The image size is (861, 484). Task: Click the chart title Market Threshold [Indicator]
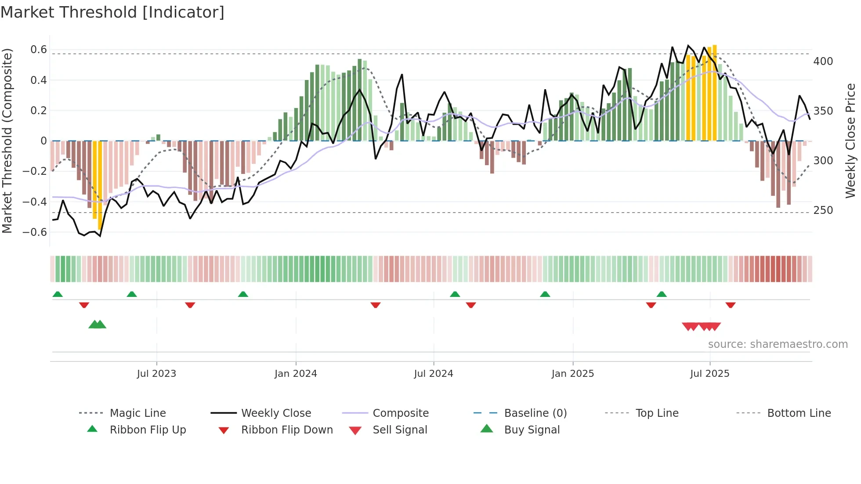click(112, 12)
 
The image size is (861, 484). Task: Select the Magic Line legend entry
click(137, 413)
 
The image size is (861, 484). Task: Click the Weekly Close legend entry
click(276, 413)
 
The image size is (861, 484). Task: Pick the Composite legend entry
click(400, 413)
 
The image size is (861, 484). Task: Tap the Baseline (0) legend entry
click(535, 413)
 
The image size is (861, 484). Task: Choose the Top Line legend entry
click(657, 413)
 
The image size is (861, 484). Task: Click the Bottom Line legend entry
click(799, 413)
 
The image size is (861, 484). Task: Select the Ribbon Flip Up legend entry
click(148, 430)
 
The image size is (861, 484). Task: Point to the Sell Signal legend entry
click(399, 430)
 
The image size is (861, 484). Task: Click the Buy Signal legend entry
click(532, 430)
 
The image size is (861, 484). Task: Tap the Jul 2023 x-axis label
click(156, 374)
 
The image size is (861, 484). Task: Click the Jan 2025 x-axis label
click(572, 374)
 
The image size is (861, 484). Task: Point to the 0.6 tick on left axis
click(39, 50)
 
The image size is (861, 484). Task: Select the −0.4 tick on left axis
click(35, 202)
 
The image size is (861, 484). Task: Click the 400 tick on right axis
click(823, 61)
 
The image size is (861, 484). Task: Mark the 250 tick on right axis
click(823, 210)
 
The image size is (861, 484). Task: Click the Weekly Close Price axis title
click(850, 141)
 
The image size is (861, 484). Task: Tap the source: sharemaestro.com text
click(778, 344)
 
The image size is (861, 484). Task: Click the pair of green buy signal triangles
click(97, 325)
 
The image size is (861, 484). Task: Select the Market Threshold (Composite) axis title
click(7, 141)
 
